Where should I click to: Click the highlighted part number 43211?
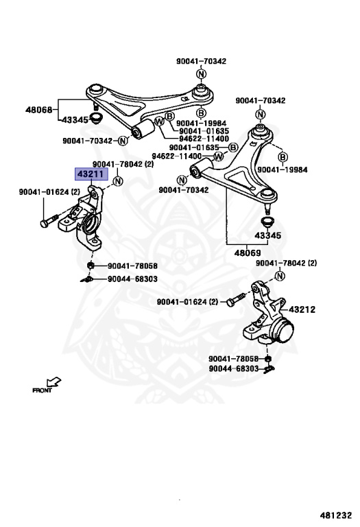[91, 174]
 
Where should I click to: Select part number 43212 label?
[302, 309]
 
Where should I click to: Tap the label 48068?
[39, 110]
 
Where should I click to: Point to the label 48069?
[248, 253]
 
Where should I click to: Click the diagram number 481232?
[336, 515]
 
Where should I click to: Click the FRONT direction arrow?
[53, 382]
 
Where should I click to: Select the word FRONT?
[42, 390]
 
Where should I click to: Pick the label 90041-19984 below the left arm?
[201, 124]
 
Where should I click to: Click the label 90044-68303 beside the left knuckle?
[132, 279]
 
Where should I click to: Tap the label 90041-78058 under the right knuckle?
[233, 359]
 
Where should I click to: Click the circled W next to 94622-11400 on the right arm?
[219, 156]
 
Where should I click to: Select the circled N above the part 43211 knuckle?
[117, 181]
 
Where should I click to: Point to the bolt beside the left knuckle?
[50, 220]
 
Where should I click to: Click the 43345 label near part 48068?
[75, 120]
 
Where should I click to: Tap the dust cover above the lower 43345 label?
[267, 222]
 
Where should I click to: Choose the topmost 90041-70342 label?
[201, 61]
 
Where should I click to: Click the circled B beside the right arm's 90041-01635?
[232, 148]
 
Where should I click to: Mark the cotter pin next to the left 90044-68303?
[86, 279]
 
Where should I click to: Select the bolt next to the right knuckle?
[236, 300]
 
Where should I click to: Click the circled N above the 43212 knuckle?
[279, 277]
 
